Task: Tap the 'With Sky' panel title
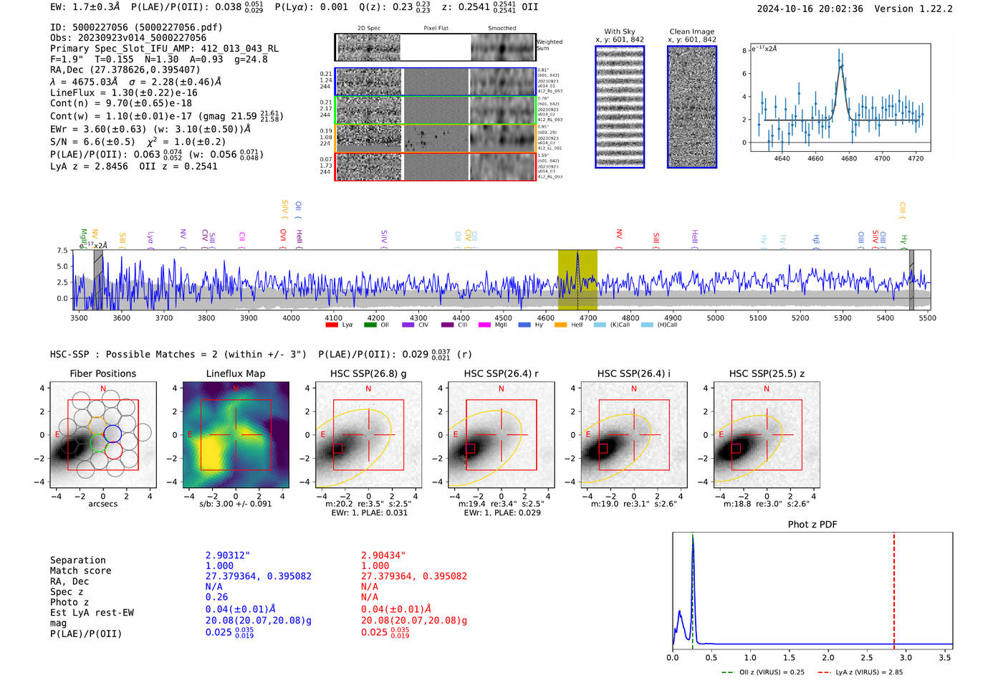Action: point(619,32)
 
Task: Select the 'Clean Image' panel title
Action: point(691,32)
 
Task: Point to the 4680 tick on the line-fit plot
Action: point(849,158)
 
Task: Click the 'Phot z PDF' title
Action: point(812,525)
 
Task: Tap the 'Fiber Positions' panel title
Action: point(102,373)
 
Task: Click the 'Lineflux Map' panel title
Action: point(236,373)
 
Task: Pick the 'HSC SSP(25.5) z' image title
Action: point(767,373)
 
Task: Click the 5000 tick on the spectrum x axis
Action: point(716,318)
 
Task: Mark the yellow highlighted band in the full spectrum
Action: point(577,280)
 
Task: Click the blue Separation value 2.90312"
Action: point(228,555)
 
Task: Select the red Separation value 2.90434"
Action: point(383,555)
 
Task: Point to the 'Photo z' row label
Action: point(69,602)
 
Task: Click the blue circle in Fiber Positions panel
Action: point(112,434)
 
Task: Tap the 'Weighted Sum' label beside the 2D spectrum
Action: point(549,45)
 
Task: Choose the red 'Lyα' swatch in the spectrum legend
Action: point(332,325)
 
